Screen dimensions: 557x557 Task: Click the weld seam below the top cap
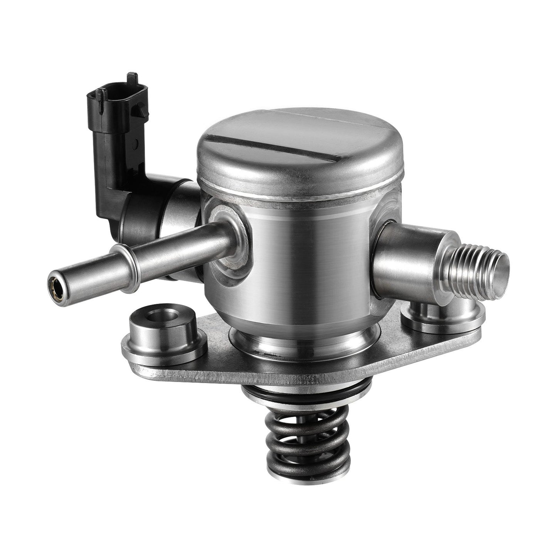(301, 197)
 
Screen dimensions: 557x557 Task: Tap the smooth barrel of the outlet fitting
(409, 262)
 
